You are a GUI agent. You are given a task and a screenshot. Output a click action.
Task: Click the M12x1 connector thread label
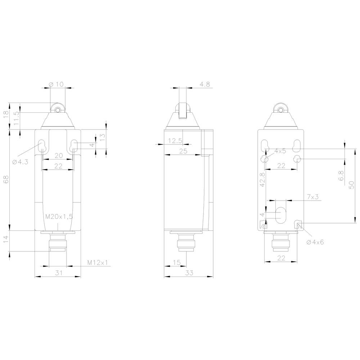tap(97, 263)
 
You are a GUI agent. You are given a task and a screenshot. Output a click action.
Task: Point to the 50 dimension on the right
tap(352, 185)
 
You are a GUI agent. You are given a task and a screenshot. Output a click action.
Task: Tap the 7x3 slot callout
tap(312, 197)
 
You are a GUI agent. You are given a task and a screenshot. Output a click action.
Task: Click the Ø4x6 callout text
tap(315, 242)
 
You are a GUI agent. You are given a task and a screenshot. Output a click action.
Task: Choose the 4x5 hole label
tap(280, 151)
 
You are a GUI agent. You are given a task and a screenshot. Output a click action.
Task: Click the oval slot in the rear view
tap(281, 215)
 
